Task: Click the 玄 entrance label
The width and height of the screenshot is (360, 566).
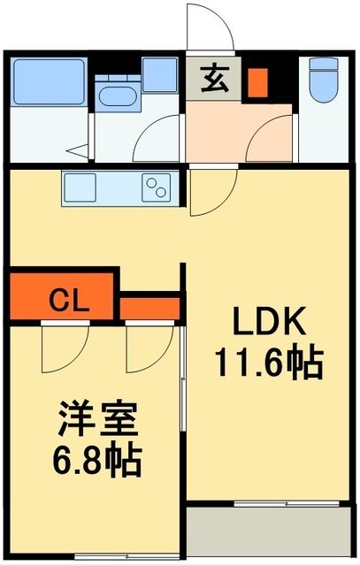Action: coord(213,78)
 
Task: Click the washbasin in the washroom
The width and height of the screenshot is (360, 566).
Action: coord(115,96)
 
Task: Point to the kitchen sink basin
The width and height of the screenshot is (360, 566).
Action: coord(80,187)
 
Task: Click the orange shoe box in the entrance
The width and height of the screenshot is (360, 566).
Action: coord(257,81)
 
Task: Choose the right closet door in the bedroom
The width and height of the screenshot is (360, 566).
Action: coord(147,347)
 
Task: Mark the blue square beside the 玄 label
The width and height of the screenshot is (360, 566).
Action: coord(159,75)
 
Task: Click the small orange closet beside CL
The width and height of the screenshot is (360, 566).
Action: coord(150,307)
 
